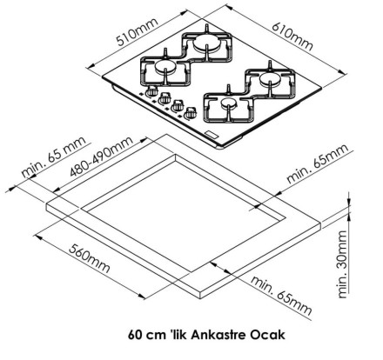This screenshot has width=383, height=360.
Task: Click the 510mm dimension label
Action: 138,32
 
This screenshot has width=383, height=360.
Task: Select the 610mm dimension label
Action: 292,36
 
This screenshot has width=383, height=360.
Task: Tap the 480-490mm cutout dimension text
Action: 101,156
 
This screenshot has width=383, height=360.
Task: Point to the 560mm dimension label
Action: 90,259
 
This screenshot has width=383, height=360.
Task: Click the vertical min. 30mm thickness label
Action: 343,264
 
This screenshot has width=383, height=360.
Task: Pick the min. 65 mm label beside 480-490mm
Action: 54,157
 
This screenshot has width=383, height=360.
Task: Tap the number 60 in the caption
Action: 135,335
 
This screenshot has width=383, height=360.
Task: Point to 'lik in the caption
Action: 178,335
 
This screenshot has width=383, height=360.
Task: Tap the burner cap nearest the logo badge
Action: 228,102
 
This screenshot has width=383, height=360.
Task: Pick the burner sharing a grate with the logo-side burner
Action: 270,77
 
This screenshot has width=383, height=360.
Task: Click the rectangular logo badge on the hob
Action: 212,135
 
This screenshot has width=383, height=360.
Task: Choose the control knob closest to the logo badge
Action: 190,113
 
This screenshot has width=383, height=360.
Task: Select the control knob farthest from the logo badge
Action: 151,90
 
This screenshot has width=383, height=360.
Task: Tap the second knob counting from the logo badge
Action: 177,106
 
